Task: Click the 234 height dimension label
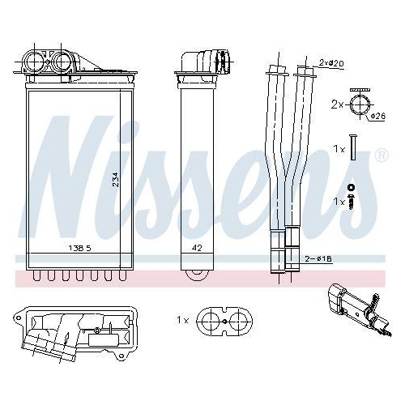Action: click(x=116, y=179)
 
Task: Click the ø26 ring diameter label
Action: click(x=377, y=116)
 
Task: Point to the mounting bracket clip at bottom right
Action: click(x=354, y=307)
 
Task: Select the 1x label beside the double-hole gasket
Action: click(x=182, y=322)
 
